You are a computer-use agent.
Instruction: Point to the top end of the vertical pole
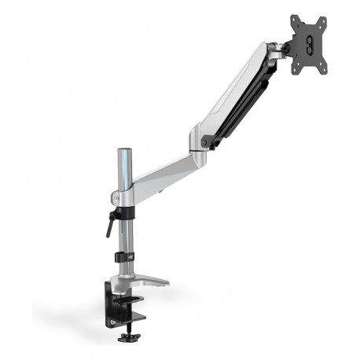tap(123, 150)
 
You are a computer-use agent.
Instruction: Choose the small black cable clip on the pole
tap(122, 256)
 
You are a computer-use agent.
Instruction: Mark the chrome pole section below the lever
tap(123, 236)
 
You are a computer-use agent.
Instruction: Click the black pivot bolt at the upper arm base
tap(207, 141)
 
